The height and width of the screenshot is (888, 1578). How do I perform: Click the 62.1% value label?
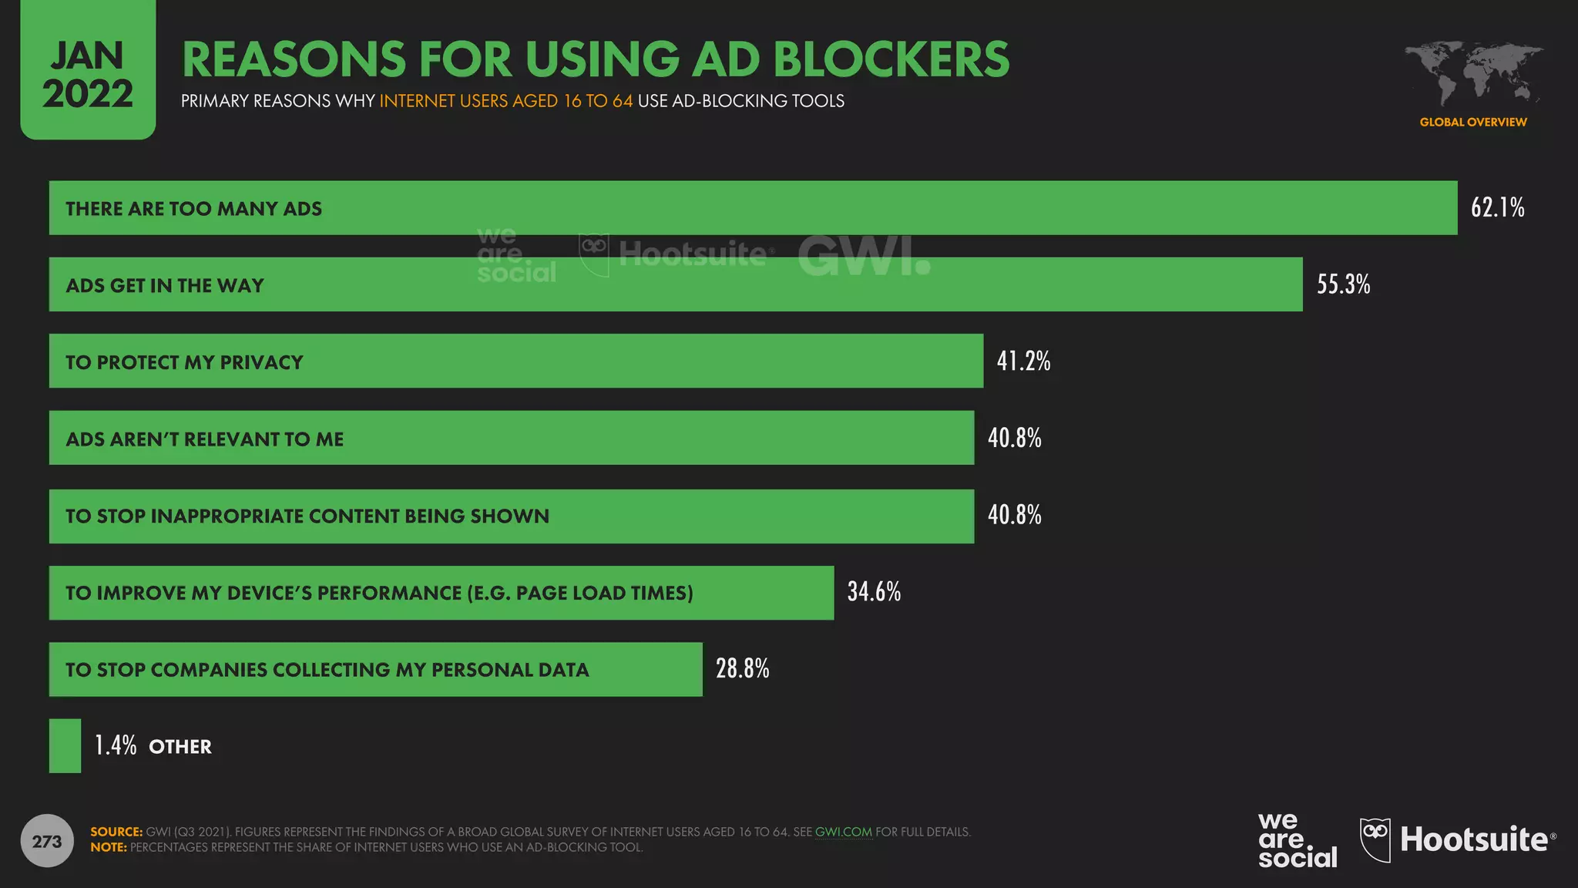click(x=1497, y=207)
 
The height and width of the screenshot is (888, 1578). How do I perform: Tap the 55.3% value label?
click(x=1343, y=284)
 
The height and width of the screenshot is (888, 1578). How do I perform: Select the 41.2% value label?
click(x=1023, y=361)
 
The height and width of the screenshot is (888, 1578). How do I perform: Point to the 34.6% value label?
click(x=874, y=591)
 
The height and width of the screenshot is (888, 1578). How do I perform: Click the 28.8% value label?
click(x=742, y=668)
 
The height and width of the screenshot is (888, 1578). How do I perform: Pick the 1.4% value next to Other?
click(x=116, y=745)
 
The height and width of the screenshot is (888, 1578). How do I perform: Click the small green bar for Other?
click(x=65, y=745)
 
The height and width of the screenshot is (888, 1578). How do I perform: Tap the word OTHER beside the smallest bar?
click(x=180, y=747)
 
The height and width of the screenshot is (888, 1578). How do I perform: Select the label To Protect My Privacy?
click(x=184, y=362)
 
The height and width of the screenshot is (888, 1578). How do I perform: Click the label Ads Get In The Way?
click(x=165, y=285)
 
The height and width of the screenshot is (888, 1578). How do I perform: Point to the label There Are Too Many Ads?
click(x=193, y=209)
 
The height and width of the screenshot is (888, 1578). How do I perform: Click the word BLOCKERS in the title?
click(x=891, y=59)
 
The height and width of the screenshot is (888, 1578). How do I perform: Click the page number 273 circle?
click(x=47, y=841)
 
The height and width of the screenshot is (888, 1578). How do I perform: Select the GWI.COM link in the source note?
click(x=843, y=832)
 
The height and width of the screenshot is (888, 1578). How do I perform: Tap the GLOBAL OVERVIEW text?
click(x=1472, y=122)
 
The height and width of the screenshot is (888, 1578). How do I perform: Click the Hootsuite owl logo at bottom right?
click(x=1375, y=839)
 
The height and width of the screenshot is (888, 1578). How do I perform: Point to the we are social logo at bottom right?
click(x=1297, y=840)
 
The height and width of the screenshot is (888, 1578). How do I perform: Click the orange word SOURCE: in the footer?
click(x=116, y=832)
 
